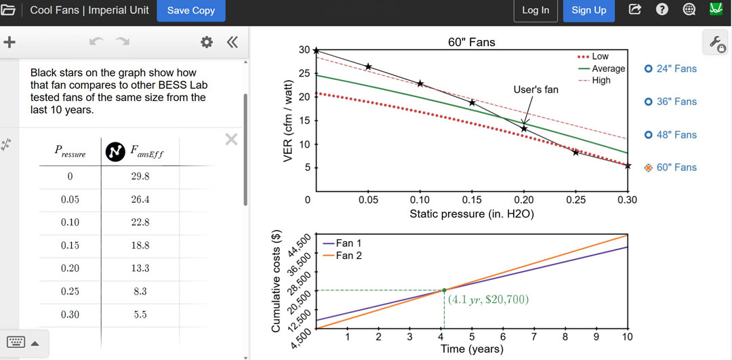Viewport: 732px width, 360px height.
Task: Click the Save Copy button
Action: tap(191, 10)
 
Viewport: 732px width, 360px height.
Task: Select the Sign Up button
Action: tap(588, 10)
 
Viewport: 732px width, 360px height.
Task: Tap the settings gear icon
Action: tap(207, 42)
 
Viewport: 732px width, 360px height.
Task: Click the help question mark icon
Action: tap(662, 9)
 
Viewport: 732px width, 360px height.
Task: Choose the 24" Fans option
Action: tap(671, 68)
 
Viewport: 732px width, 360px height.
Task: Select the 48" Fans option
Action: tap(671, 135)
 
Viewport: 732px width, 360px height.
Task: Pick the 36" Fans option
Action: tap(671, 102)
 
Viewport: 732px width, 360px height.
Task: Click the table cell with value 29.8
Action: tap(140, 176)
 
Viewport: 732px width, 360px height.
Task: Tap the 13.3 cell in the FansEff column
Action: tap(140, 268)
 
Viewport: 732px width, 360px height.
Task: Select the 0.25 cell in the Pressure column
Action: tap(70, 292)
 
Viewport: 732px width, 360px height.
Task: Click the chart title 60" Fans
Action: tap(471, 42)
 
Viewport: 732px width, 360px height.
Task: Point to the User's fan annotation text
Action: tap(535, 89)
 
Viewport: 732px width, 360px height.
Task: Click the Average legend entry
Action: tap(607, 68)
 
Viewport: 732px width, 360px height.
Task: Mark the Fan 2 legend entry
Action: tap(348, 256)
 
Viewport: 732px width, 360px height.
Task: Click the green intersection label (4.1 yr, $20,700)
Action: tap(488, 299)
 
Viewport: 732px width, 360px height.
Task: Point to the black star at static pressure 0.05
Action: tap(368, 66)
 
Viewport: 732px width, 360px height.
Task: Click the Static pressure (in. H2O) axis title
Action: tap(471, 214)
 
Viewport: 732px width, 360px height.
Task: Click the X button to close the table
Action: tap(231, 139)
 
